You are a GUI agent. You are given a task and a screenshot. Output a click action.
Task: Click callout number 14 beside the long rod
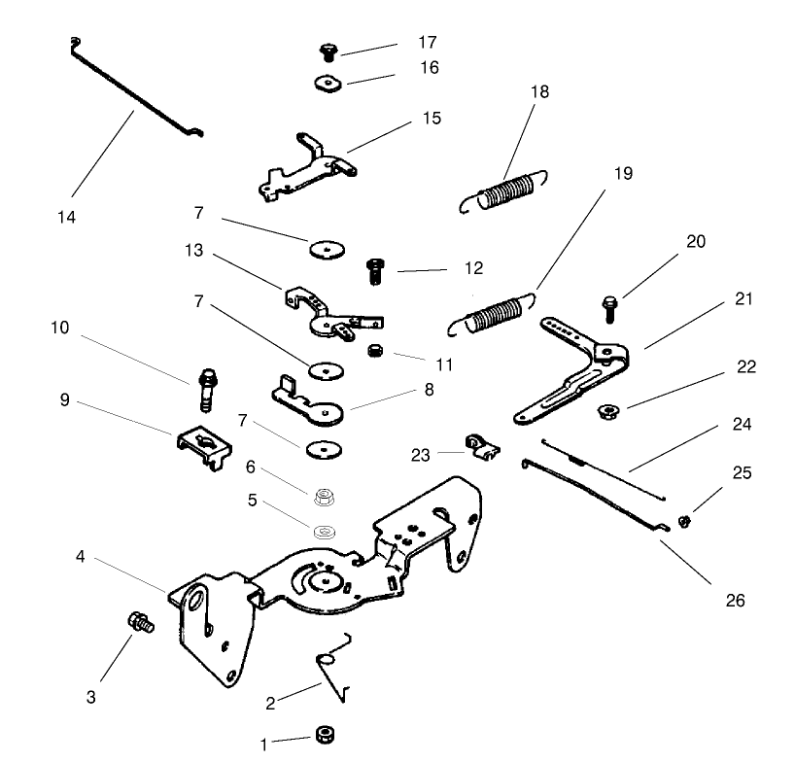(66, 216)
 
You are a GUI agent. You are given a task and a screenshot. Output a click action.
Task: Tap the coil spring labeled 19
(496, 314)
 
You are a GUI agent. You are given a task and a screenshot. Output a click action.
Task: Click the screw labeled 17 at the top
(328, 52)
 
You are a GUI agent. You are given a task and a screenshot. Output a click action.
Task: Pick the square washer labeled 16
(328, 83)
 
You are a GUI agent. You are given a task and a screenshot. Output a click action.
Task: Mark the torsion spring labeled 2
(333, 669)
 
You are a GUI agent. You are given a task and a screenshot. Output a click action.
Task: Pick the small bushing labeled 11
(375, 350)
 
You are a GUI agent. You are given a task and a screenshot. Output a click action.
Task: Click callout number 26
(735, 601)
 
